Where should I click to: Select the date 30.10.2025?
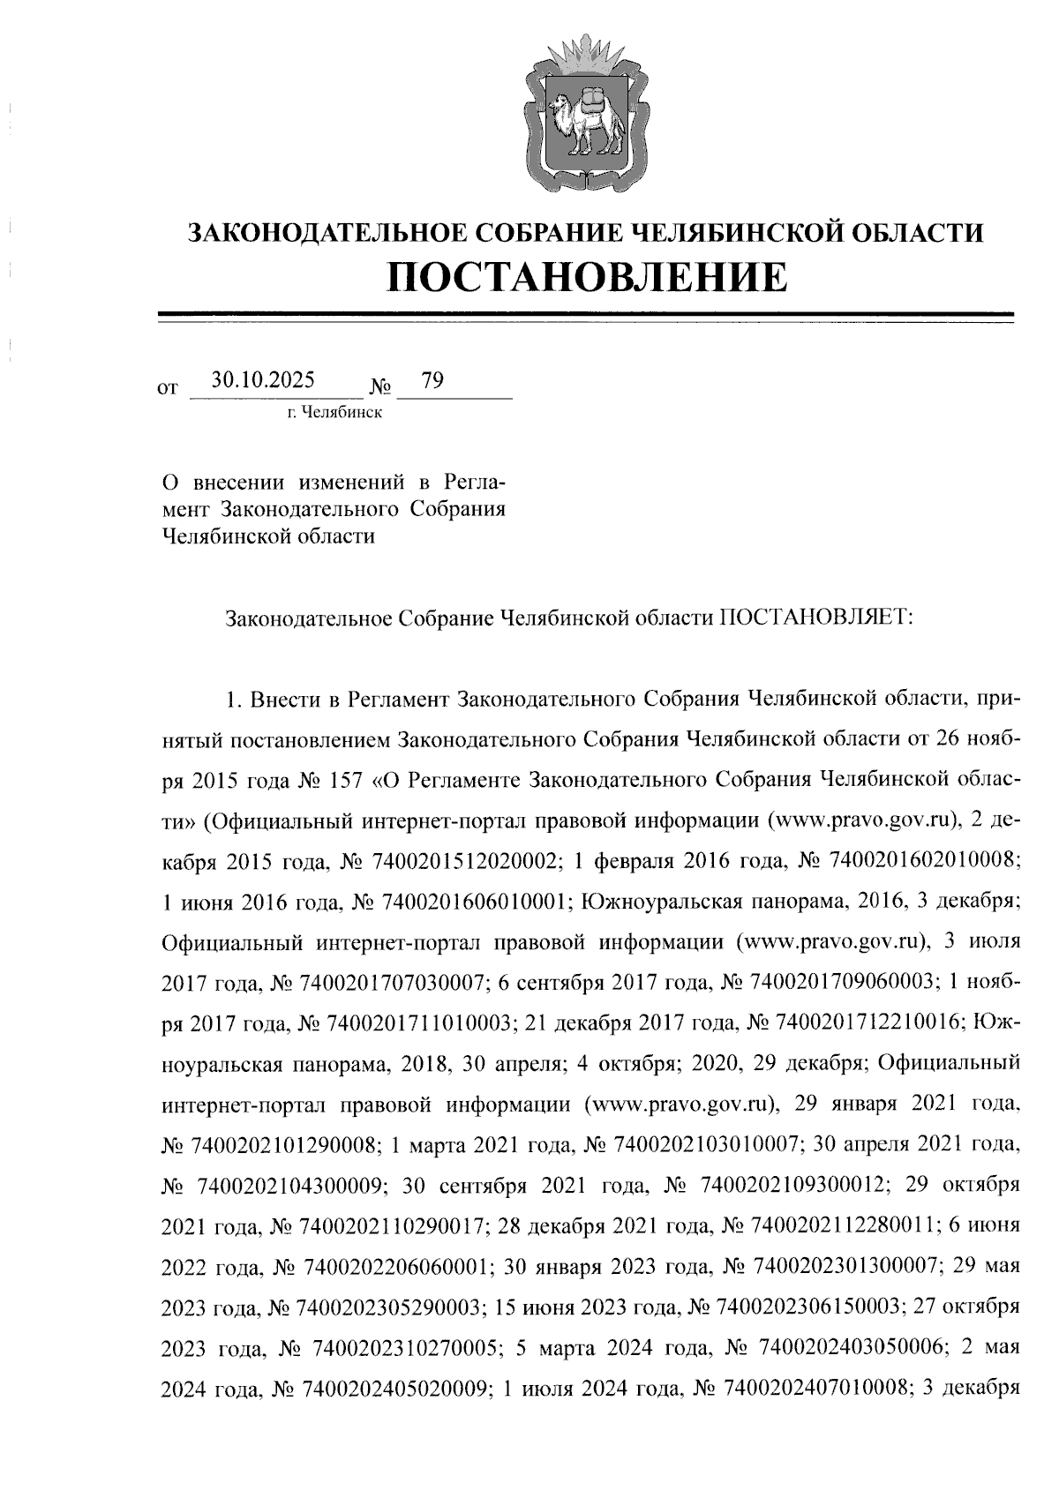tap(264, 381)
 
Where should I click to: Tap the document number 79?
tap(433, 381)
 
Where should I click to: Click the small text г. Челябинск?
tap(334, 413)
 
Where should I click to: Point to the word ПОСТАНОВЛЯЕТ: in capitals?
tap(816, 618)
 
